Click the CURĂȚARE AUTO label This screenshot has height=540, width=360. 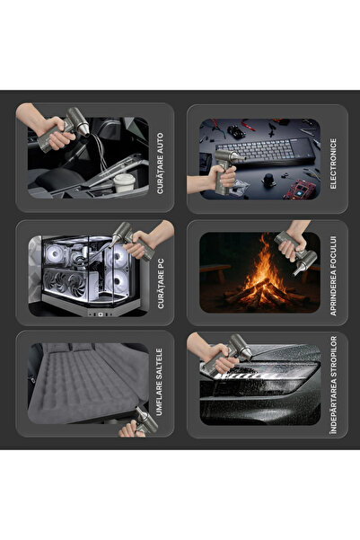pos(160,164)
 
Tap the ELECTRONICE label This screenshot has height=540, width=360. pos(333,164)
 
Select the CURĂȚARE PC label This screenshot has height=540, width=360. pos(160,283)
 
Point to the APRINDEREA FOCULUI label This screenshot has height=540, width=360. pos(333,276)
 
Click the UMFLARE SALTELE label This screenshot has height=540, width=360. pos(159,382)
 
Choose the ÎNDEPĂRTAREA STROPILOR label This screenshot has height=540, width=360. pos(333,385)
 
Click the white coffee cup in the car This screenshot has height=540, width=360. pos(124,182)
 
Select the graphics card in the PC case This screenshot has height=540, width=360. pos(70,283)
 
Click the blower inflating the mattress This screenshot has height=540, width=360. pos(145,420)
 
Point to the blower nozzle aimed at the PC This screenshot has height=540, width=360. pos(115,240)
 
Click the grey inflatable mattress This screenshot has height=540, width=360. pos(88,382)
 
